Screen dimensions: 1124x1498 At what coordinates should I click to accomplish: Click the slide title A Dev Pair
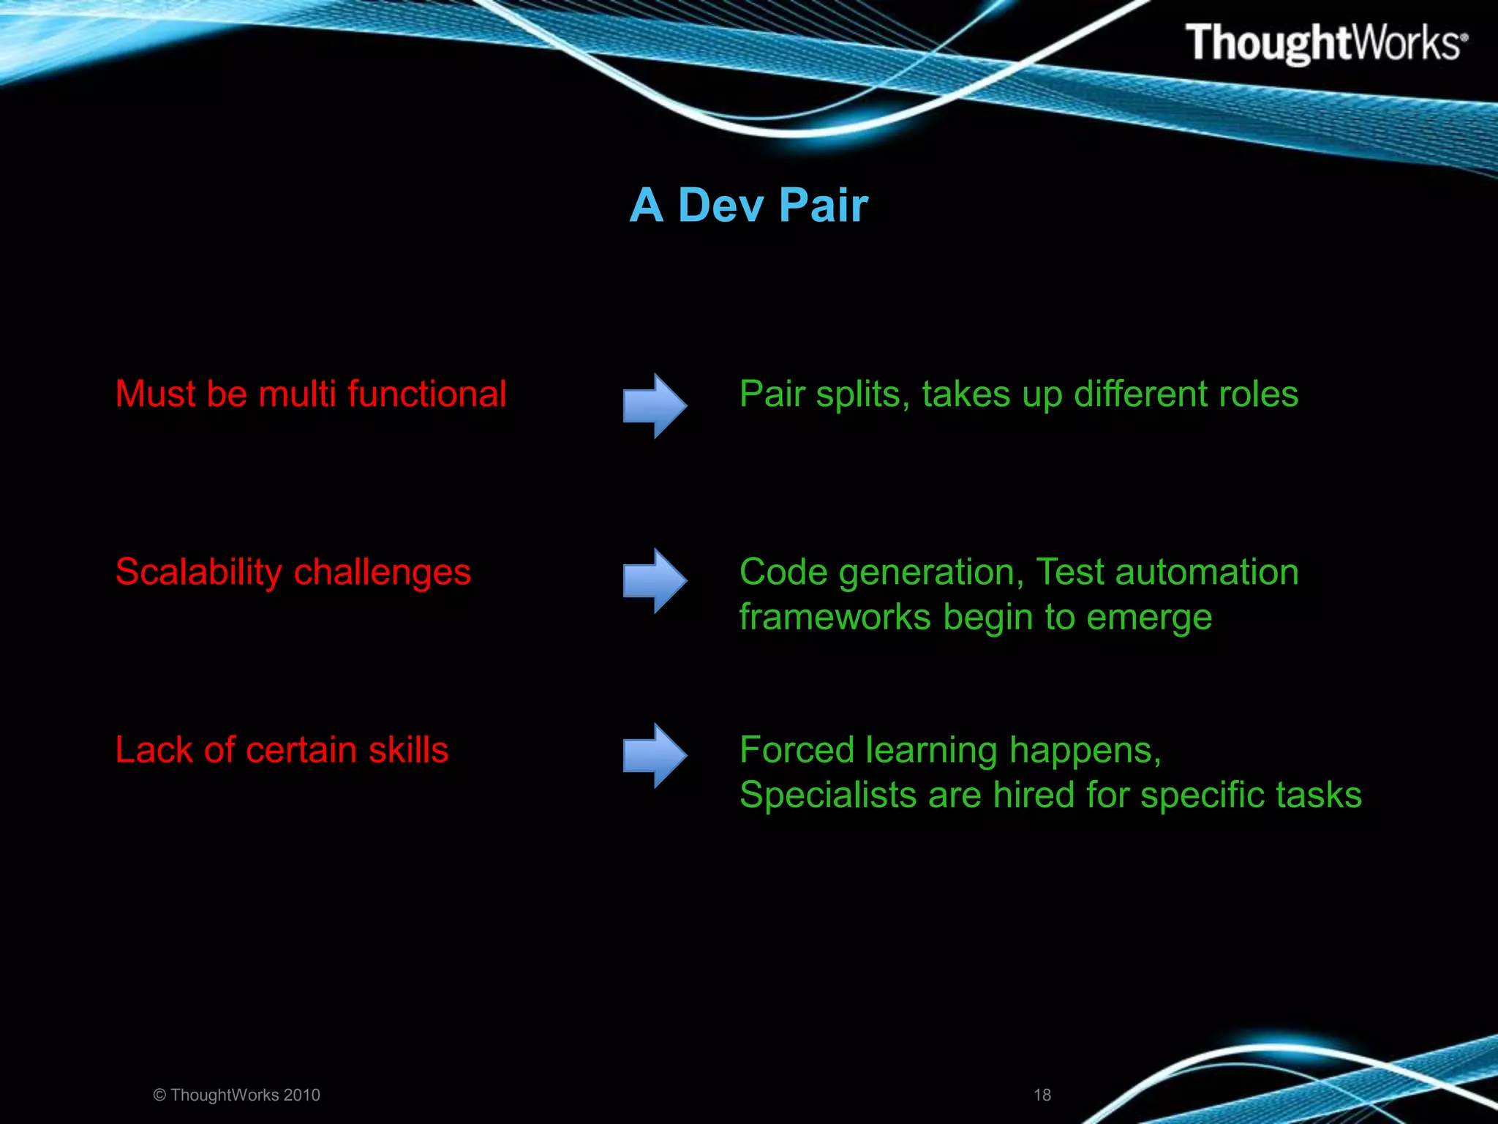749,205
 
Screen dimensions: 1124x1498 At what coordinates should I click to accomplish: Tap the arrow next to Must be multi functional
655,405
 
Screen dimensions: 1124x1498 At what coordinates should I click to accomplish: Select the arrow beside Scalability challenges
655,580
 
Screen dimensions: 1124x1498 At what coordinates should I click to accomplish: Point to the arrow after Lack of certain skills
655,755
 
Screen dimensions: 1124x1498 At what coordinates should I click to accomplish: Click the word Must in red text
155,394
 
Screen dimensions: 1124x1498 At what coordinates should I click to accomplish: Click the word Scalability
198,572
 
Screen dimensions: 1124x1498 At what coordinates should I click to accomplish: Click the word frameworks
835,617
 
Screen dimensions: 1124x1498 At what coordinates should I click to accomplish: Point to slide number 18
1042,1095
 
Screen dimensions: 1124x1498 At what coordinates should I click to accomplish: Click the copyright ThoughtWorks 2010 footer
237,1095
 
